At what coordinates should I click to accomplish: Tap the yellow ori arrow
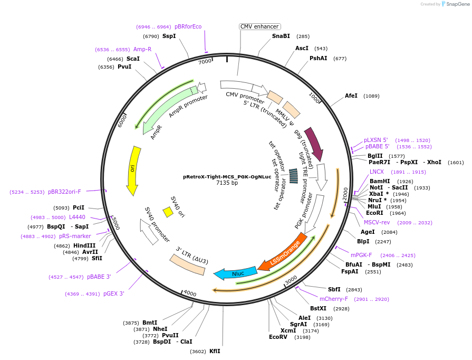(134, 169)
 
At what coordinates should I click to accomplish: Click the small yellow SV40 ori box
(168, 212)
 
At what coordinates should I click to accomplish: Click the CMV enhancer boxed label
(260, 26)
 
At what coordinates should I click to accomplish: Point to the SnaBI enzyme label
(281, 36)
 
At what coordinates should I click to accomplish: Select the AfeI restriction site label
(351, 96)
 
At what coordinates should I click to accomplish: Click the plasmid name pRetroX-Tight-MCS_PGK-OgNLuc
(227, 177)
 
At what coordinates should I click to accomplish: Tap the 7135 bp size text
(227, 183)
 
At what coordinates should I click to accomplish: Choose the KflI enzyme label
(215, 351)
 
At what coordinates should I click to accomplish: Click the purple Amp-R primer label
(142, 49)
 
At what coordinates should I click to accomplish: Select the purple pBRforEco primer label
(188, 26)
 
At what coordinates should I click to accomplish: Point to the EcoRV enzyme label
(278, 337)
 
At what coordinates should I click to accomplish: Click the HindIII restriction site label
(85, 245)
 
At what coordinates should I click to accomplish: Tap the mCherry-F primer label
(334, 299)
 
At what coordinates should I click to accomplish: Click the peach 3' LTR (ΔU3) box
(187, 264)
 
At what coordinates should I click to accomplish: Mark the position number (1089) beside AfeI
(371, 96)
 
